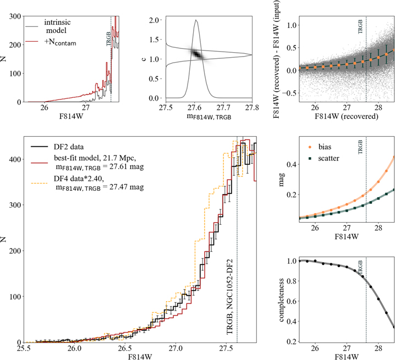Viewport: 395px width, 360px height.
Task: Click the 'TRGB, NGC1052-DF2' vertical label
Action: [x=231, y=296]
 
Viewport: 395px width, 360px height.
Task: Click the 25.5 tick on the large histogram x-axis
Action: [x=24, y=349]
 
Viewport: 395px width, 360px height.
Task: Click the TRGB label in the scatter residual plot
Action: [x=361, y=28]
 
